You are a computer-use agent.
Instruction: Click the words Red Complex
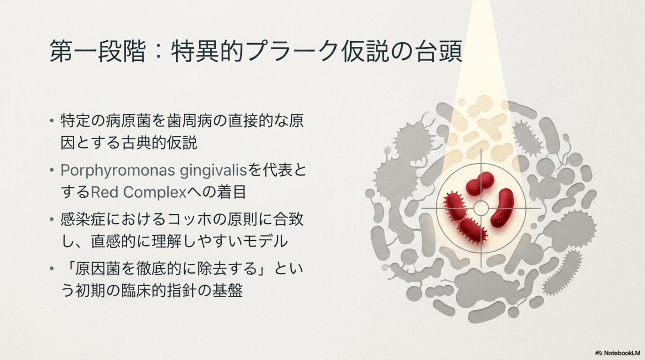[138, 192]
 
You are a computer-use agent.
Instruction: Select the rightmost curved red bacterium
[502, 207]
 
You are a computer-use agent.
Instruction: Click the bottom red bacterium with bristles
[473, 231]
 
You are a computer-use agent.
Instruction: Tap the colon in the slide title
[158, 51]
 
